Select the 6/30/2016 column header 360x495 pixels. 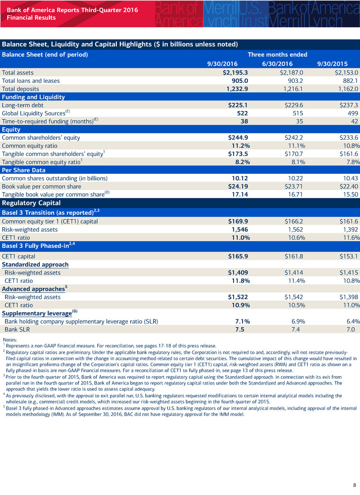click(278, 63)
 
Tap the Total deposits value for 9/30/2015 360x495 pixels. click(343, 89)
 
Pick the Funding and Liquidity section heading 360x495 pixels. click(33, 97)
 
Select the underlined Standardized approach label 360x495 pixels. click(35, 264)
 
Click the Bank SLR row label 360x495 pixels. click(19, 329)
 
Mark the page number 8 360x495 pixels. click(353, 484)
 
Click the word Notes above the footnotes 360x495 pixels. click(10, 339)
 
